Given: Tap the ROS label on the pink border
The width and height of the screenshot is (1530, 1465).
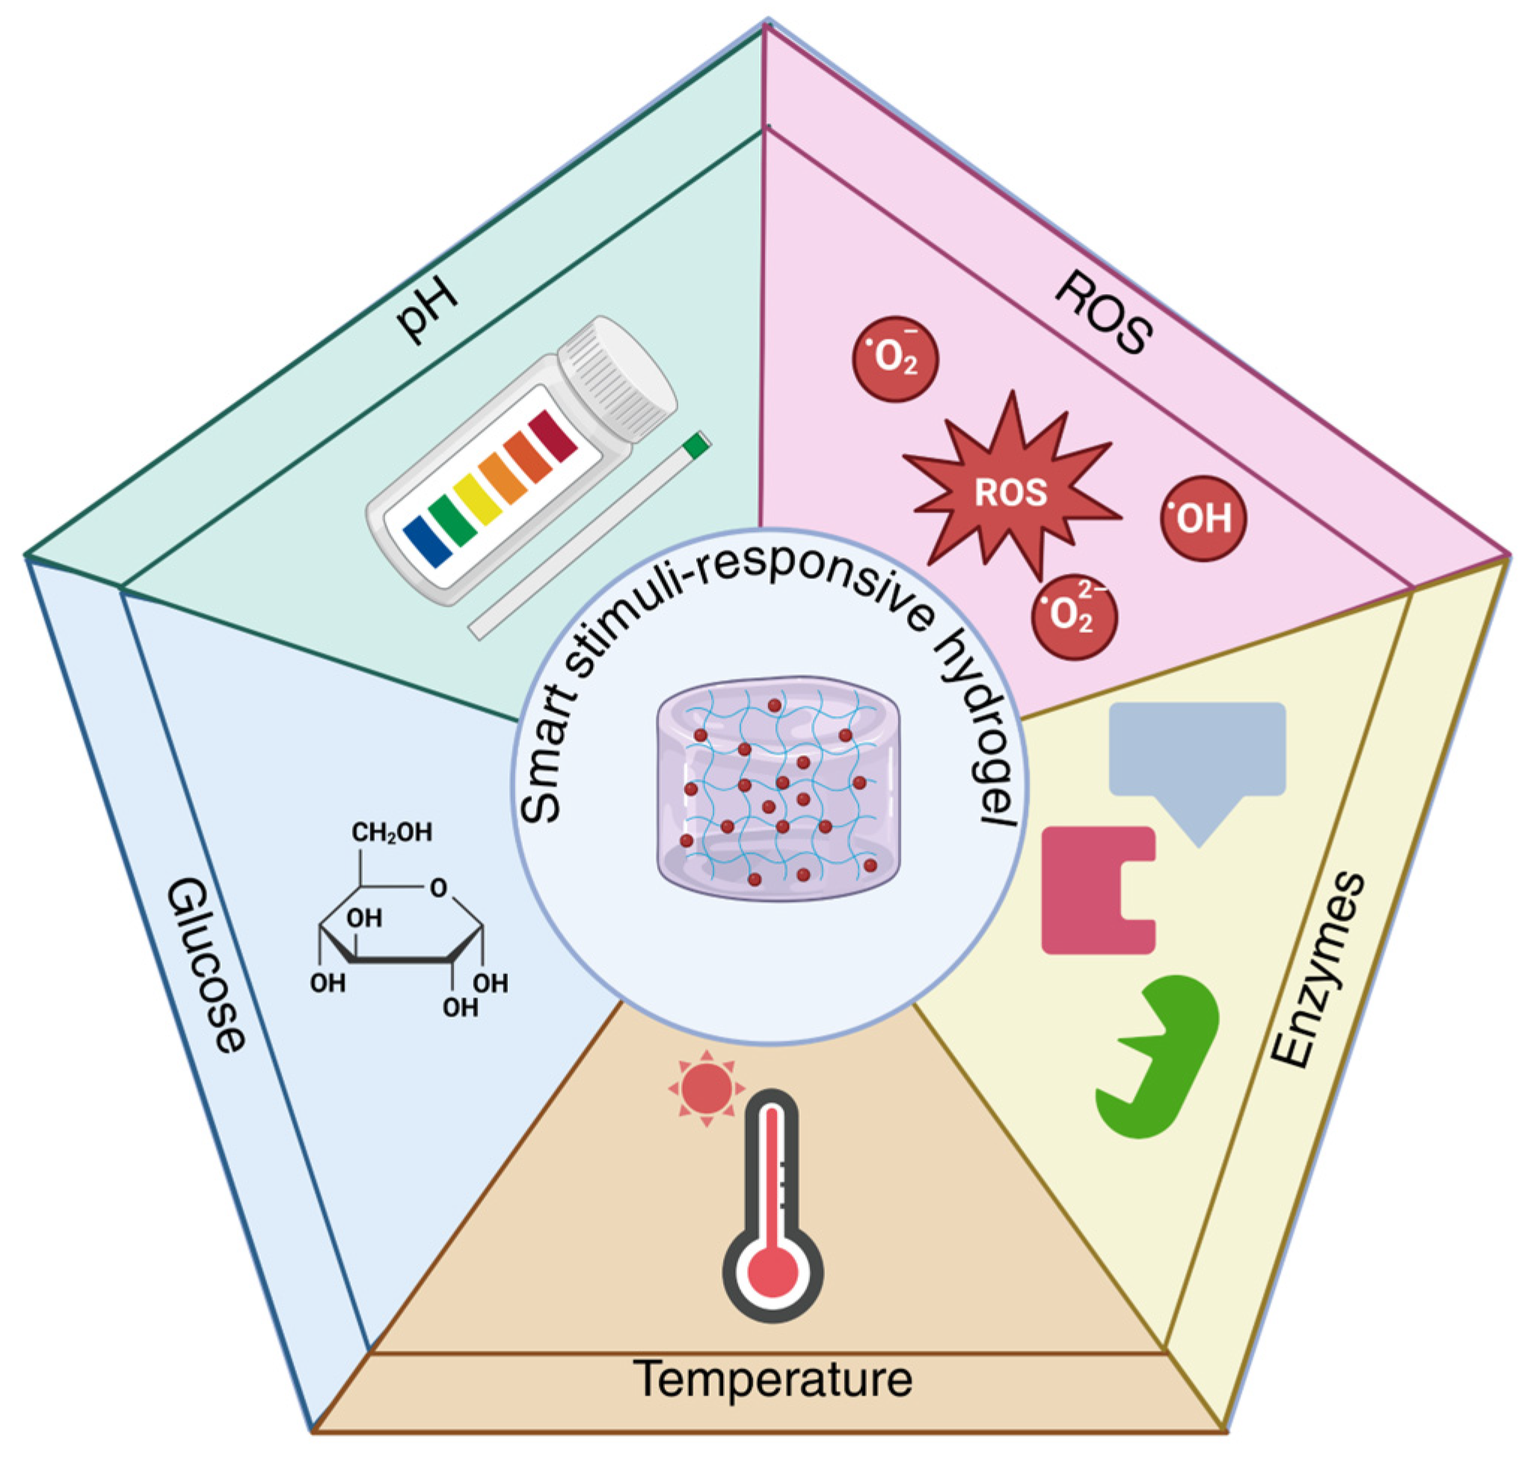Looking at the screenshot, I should pyautogui.click(x=1103, y=315).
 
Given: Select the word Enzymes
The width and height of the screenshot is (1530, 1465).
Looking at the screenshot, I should pyautogui.click(x=1318, y=970).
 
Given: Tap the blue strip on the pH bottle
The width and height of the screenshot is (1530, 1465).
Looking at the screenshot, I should pyautogui.click(x=428, y=539).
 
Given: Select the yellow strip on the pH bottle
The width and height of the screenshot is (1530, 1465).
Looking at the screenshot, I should pyautogui.click(x=477, y=500).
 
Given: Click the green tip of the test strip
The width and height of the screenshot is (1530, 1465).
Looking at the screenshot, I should pyautogui.click(x=695, y=444).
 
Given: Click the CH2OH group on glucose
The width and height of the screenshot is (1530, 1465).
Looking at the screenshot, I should pyautogui.click(x=391, y=833).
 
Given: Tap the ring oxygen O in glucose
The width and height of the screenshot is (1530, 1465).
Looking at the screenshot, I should pyautogui.click(x=439, y=888).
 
